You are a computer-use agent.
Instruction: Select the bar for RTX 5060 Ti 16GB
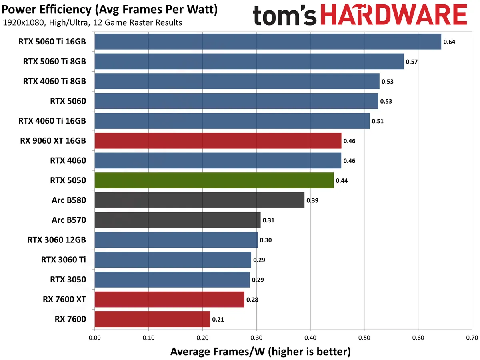pyautogui.click(x=268, y=42)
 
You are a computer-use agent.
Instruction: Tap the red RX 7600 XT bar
pyautogui.click(x=169, y=299)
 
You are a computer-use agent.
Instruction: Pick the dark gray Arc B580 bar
pyautogui.click(x=199, y=200)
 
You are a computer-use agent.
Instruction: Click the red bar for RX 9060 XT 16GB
pyautogui.click(x=218, y=141)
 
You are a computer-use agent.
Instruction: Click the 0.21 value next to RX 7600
pyautogui.click(x=218, y=319)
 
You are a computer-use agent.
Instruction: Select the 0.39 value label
pyautogui.click(x=312, y=200)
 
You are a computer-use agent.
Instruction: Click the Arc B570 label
pyautogui.click(x=69, y=220)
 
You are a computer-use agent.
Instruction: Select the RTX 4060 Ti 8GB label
pyautogui.click(x=55, y=81)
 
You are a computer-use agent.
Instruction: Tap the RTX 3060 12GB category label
pyautogui.click(x=56, y=240)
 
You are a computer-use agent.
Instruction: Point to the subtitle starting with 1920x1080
pyautogui.click(x=92, y=23)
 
